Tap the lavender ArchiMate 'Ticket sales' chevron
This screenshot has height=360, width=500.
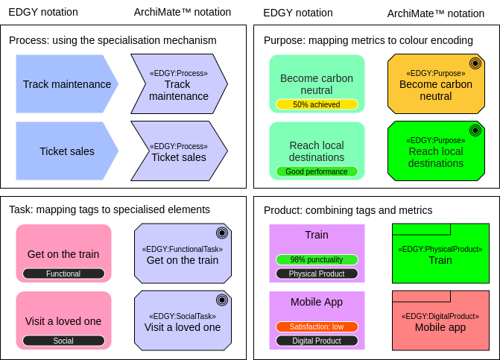click(x=179, y=151)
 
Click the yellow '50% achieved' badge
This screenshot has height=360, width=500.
click(x=317, y=105)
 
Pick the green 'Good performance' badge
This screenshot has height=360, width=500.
click(x=317, y=171)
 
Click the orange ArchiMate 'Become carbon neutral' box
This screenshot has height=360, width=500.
click(x=436, y=83)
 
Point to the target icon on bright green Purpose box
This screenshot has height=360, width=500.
click(x=475, y=130)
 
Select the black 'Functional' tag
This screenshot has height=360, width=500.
click(x=63, y=274)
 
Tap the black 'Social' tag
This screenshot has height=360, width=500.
click(x=63, y=341)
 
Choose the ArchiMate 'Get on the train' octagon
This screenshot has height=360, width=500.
click(x=183, y=254)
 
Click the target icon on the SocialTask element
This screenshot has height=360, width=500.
click(x=221, y=300)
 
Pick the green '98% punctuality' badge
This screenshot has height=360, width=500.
click(x=317, y=260)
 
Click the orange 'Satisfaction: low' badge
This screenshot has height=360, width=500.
click(x=317, y=326)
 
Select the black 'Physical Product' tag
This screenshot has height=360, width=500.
click(x=317, y=274)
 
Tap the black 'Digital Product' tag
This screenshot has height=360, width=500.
click(x=317, y=341)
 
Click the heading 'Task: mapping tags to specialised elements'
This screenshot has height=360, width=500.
click(x=110, y=210)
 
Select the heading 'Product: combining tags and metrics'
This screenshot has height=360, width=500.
click(x=348, y=210)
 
